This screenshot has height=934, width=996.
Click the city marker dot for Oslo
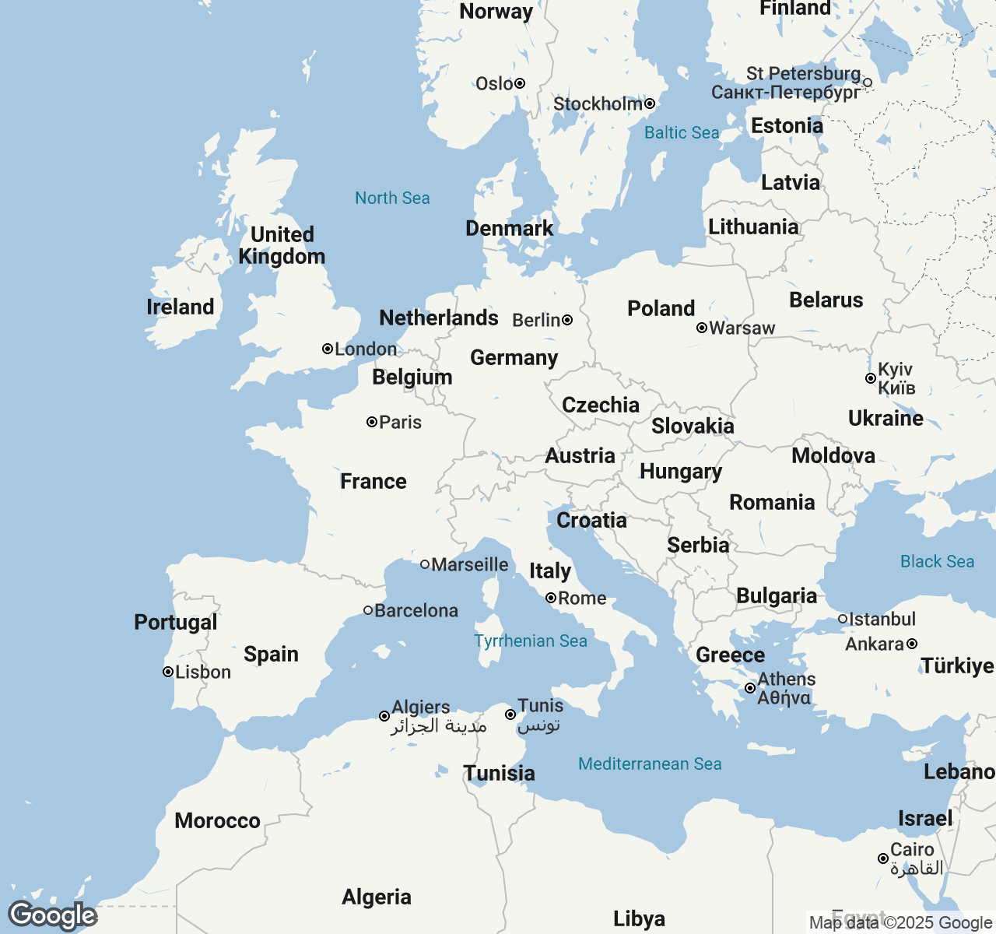pos(520,83)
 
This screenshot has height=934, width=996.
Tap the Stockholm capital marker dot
pos(650,104)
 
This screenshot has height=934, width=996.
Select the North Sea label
pos(392,198)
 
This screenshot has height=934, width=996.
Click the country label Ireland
pos(180,307)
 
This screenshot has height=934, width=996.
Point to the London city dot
pos(328,349)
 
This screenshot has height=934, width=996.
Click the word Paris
pos(401,422)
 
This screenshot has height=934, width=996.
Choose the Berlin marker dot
pos(567,320)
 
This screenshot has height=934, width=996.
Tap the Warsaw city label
pos(742,328)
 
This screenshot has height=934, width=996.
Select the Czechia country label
pos(601,405)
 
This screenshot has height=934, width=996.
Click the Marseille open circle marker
pos(425,564)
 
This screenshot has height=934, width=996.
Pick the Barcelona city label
pos(416,610)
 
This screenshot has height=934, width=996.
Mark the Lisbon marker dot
pos(167,672)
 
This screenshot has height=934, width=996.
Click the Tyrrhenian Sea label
pos(531,641)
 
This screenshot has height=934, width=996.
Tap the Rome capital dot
pos(551,598)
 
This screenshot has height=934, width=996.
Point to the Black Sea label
pos(937,561)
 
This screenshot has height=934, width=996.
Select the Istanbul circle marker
pos(843,619)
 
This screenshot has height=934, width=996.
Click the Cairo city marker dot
pos(883,859)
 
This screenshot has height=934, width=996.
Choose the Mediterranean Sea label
pos(650,764)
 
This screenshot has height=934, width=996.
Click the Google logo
pos(52,915)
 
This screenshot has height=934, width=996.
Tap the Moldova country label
pos(833,455)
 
